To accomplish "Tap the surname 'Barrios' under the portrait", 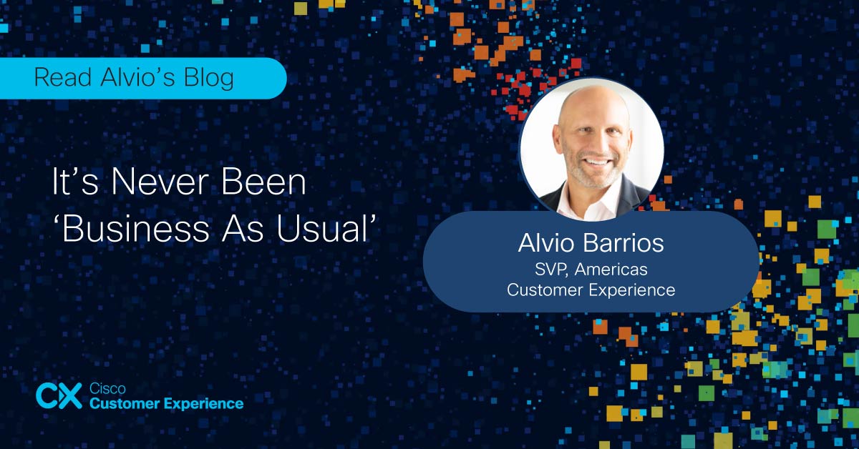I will [x=624, y=243].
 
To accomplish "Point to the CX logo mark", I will [x=59, y=395].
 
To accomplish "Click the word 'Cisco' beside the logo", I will [x=107, y=388].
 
